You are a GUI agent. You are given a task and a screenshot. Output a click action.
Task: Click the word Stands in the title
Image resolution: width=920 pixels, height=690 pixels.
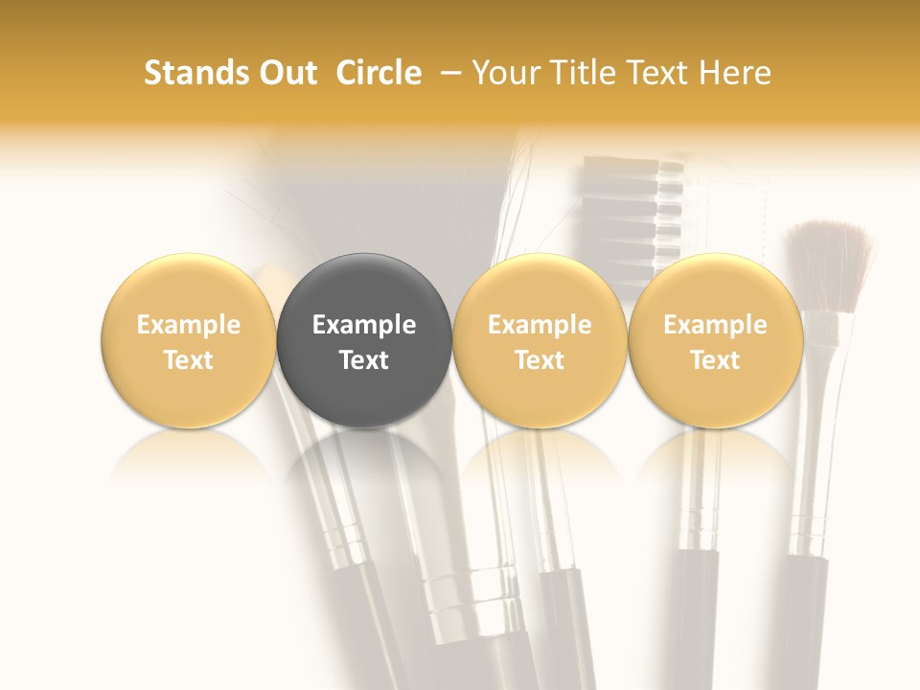(191, 73)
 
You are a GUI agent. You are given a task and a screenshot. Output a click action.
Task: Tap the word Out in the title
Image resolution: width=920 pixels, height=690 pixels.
(286, 73)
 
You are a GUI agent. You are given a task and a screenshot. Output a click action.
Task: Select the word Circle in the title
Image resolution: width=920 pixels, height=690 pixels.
(379, 73)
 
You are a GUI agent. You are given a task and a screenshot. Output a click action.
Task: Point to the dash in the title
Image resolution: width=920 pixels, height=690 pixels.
(446, 73)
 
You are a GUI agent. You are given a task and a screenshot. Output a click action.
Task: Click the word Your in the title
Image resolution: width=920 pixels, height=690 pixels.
(503, 73)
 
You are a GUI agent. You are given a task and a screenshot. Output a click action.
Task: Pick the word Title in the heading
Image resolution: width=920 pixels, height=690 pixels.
(576, 73)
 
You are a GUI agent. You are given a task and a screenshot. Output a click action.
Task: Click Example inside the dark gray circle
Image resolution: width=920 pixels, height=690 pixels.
(364, 325)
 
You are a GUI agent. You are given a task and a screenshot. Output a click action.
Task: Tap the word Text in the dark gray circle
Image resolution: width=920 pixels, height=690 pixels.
(364, 360)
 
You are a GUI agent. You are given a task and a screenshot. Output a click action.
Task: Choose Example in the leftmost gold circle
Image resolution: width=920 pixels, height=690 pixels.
(189, 325)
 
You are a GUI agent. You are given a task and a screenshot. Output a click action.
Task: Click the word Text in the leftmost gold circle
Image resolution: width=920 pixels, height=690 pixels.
(189, 360)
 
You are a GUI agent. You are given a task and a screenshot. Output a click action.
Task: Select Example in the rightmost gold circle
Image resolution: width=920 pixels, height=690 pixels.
(715, 325)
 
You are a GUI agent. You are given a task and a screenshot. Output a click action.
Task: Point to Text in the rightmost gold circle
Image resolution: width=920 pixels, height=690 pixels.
(715, 360)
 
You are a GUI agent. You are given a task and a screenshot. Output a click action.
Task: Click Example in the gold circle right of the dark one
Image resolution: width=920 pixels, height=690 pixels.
(540, 325)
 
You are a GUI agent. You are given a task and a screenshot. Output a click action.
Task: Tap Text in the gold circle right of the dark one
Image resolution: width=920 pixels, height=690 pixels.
(540, 360)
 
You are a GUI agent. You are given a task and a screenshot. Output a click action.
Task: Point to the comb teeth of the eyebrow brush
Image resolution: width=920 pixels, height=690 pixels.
(632, 211)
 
